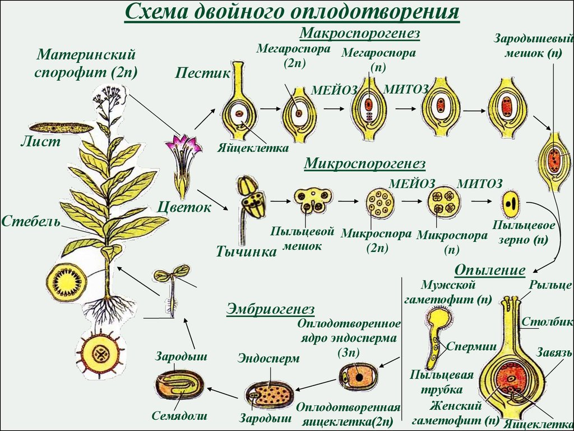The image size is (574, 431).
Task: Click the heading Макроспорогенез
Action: (359, 33)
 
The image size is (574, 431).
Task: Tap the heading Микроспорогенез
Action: (364, 163)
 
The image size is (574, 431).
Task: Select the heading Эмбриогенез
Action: (271, 309)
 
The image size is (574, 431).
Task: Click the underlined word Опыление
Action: (489, 270)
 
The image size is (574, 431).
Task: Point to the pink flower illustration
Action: (182, 166)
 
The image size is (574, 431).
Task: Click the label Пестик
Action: (202, 73)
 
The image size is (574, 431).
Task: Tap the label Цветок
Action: (184, 208)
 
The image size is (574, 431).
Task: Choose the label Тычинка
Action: (247, 252)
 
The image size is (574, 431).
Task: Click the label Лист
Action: (40, 141)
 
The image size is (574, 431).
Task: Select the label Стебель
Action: (31, 222)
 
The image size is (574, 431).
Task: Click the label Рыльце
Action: (550, 285)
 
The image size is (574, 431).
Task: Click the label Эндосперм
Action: (269, 358)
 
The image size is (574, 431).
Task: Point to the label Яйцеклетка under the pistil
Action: (253, 148)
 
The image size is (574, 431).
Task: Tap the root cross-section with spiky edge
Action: (100, 354)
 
